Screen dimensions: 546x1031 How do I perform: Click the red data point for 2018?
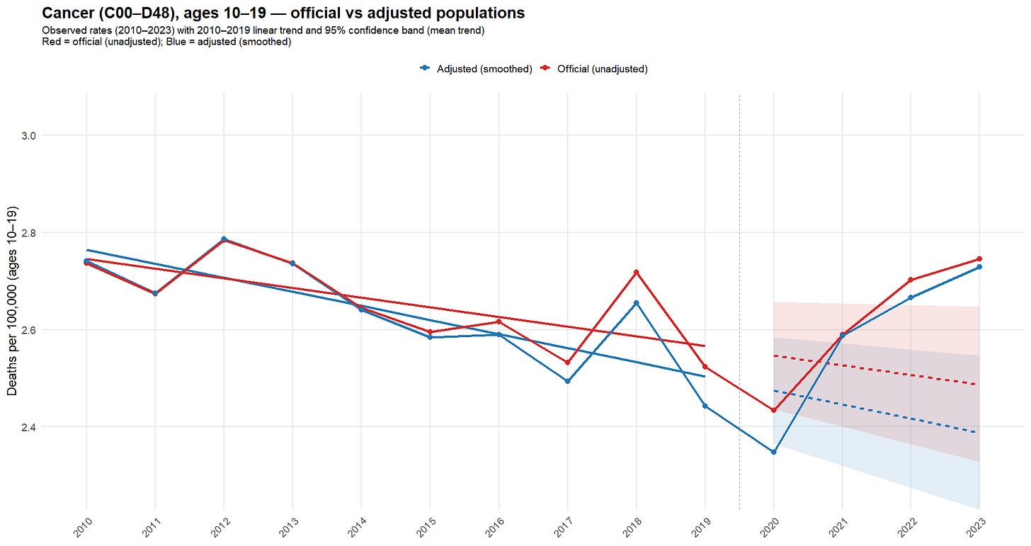coord(636,272)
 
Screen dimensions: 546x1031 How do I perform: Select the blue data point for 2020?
coord(773,452)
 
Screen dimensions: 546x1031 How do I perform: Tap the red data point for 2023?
coord(979,258)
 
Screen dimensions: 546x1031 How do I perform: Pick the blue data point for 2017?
coord(567,381)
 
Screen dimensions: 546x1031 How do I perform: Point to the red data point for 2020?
coord(773,410)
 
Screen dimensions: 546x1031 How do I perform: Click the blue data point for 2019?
coord(705,406)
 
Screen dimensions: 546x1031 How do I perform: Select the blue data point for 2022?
coord(911,297)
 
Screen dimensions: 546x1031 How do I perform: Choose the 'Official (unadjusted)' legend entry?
coord(601,69)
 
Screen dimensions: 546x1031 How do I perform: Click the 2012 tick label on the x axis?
coord(222,528)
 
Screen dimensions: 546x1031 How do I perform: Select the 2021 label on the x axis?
coord(841,528)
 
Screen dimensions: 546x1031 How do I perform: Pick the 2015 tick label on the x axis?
coord(428,528)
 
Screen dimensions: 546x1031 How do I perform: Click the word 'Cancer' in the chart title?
coord(68,13)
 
